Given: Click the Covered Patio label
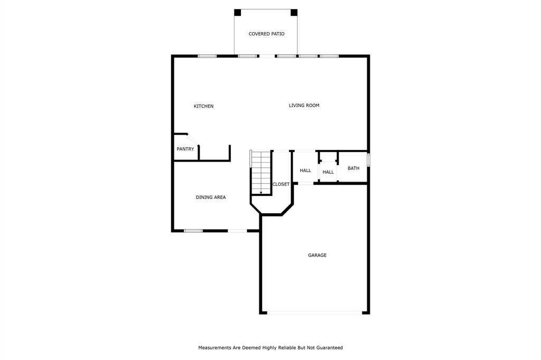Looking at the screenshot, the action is (x=266, y=34).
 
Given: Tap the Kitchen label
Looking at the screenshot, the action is (x=203, y=106).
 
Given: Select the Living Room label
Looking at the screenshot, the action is (x=304, y=106).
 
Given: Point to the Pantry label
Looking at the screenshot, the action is (x=185, y=149).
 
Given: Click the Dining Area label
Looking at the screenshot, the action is (x=211, y=197).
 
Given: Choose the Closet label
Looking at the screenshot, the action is (x=281, y=184).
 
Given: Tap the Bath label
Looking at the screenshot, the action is (x=353, y=168).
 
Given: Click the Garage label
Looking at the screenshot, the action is (x=317, y=255).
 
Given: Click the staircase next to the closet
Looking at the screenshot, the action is (x=261, y=173).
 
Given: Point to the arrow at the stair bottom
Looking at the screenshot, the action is (x=261, y=192).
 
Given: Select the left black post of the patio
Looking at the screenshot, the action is (x=237, y=13).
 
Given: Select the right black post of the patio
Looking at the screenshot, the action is (x=294, y=13).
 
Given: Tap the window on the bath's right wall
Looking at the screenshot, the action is (x=368, y=160).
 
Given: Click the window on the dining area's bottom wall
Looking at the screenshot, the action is (x=193, y=231).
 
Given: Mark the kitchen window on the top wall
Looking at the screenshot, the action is (x=207, y=56).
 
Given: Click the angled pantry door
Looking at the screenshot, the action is (x=193, y=140).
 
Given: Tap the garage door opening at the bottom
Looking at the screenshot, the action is (x=315, y=313).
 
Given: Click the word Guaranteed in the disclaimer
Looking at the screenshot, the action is (x=330, y=347).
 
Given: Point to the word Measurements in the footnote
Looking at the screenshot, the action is (x=214, y=347).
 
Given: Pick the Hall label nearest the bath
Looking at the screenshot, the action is (x=328, y=172).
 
